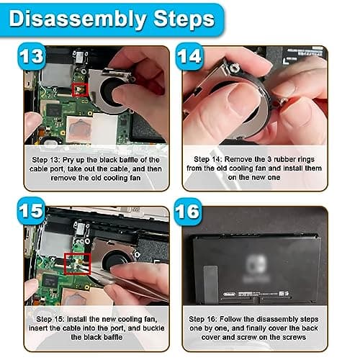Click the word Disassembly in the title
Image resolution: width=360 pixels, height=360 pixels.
[78, 19]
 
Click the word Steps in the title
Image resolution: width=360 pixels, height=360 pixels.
[184, 19]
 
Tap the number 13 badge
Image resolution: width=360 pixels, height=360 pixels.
[32, 56]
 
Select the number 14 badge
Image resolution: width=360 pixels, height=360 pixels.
[189, 57]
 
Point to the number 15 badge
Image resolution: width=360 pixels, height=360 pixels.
[32, 211]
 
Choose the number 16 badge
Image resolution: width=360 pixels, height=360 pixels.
[188, 212]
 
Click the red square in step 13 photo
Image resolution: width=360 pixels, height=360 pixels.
[80, 89]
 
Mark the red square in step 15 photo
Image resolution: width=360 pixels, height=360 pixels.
[77, 264]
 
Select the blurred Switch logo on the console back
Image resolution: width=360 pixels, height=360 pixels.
[256, 264]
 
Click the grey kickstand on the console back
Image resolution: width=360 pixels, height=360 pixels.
[211, 284]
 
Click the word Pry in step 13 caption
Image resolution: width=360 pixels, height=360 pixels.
[68, 160]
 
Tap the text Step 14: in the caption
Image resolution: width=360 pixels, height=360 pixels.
[208, 159]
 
